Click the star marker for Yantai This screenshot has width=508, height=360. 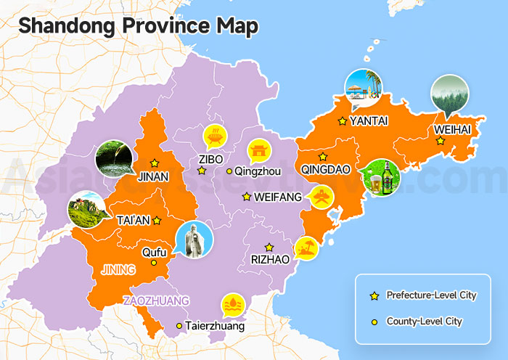point(342,121)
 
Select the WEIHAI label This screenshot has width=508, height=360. point(452,129)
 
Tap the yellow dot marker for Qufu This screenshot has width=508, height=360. point(153,263)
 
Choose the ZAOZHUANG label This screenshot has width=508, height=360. point(156,300)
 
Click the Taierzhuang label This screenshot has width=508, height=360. point(215,327)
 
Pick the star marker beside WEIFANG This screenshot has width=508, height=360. point(247,197)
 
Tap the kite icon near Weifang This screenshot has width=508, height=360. point(321,197)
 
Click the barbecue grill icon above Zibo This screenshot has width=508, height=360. point(214,135)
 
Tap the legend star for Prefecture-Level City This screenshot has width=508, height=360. point(374,295)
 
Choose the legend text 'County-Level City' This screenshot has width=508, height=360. point(424,321)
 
